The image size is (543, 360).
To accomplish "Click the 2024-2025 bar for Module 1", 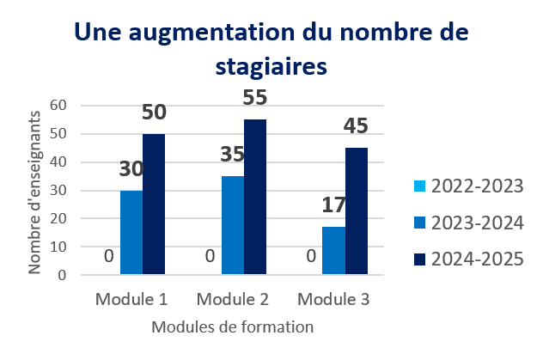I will tap(154, 204).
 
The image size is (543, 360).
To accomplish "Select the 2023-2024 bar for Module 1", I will tap(131, 233).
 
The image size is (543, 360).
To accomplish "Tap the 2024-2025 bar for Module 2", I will tap(254, 198).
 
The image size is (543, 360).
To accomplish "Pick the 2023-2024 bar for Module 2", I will tap(232, 226).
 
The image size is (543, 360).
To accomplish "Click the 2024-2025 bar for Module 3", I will tap(357, 211).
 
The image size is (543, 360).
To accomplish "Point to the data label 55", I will tap(255, 98).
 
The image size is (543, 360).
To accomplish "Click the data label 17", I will tap(333, 206).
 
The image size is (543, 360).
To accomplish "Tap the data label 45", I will tap(357, 127).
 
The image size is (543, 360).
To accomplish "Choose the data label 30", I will tap(131, 169).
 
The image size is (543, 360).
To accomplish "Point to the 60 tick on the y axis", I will tap(59, 105).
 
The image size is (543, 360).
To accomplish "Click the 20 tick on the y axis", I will tap(59, 219).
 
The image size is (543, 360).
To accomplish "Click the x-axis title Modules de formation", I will tap(233, 327).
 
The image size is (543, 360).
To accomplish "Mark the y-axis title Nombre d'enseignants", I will tap(35, 191).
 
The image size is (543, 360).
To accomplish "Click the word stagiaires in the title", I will tap(271, 66).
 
